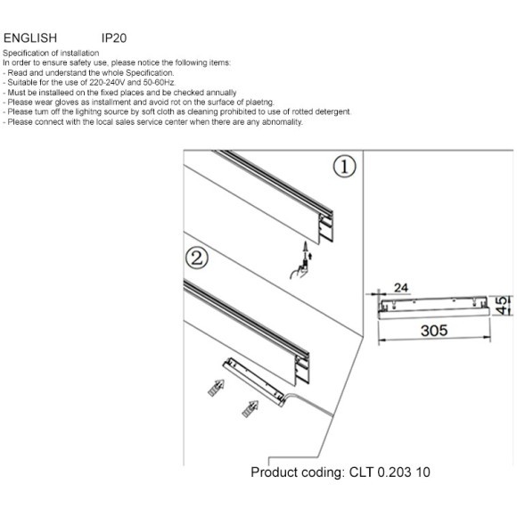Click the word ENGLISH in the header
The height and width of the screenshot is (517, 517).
(x=30, y=38)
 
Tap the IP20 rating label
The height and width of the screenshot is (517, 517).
(x=114, y=38)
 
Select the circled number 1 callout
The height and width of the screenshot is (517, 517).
(x=345, y=167)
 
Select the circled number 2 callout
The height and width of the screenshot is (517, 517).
(x=197, y=258)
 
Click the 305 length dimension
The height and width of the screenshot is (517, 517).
(x=434, y=331)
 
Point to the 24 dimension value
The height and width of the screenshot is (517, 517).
(x=401, y=288)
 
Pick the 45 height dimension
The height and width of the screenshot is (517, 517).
(x=502, y=306)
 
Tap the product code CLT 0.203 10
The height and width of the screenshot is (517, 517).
(x=390, y=472)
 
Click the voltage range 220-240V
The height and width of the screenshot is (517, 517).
(x=108, y=82)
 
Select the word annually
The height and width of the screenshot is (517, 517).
(x=221, y=93)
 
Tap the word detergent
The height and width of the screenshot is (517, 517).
(x=332, y=111)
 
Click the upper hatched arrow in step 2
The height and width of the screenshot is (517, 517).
(x=217, y=388)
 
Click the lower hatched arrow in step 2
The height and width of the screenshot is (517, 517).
(x=250, y=409)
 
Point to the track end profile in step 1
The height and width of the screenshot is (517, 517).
(x=325, y=227)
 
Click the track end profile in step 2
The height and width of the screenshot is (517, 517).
(x=301, y=369)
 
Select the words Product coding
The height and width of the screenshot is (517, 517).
(x=298, y=472)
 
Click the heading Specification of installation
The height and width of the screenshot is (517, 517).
(x=51, y=53)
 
